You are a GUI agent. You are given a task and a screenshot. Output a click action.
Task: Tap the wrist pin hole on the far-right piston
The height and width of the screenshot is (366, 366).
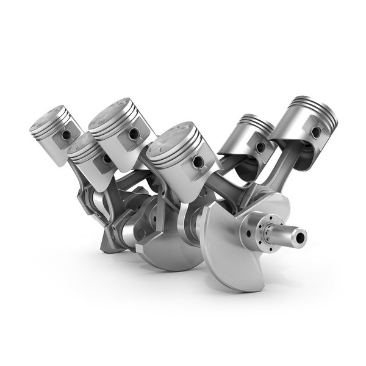[315, 132]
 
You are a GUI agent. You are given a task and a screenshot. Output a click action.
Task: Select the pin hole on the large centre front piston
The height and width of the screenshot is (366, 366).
[198, 161]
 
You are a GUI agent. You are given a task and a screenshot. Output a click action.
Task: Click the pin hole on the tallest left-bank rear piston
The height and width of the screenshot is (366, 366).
[133, 133]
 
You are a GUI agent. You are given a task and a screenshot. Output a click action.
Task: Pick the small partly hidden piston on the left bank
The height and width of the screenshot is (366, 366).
[88, 160]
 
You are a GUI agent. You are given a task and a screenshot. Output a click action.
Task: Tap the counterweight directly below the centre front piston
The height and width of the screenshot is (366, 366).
[171, 250]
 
